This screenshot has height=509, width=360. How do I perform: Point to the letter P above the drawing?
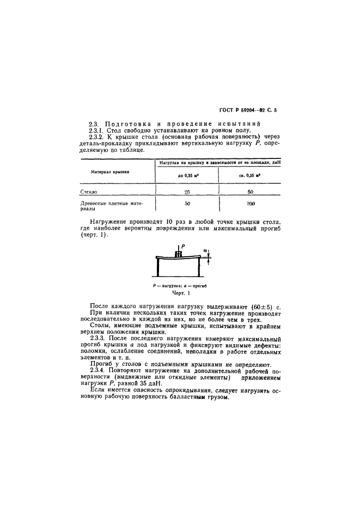click(181, 246)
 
